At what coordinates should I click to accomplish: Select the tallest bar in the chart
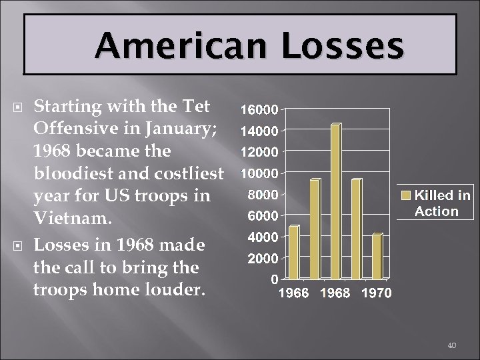[335, 201]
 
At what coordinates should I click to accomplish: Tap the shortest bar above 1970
[377, 256]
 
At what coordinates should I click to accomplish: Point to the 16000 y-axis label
[259, 109]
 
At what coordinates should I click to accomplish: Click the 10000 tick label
[259, 173]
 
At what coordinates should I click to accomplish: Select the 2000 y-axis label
[263, 258]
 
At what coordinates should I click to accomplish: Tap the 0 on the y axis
[274, 279]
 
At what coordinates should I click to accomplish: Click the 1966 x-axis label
[293, 293]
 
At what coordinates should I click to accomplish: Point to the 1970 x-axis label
[377, 293]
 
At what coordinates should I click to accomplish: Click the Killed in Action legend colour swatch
[406, 195]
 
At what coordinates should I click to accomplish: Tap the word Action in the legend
[437, 211]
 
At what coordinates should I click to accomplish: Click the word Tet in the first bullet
[195, 106]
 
